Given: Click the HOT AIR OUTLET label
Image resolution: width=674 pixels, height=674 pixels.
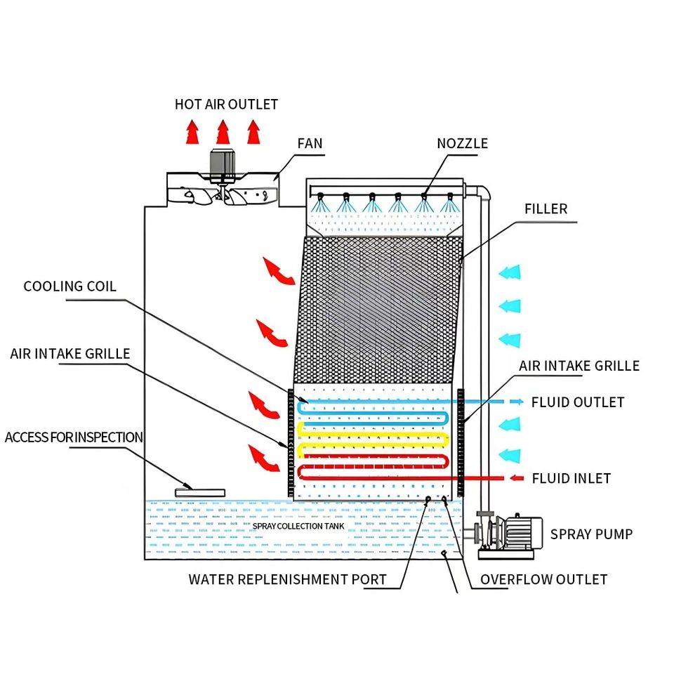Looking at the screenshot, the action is click(226, 105).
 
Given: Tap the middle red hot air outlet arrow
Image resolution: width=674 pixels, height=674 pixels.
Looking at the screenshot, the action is click(223, 131).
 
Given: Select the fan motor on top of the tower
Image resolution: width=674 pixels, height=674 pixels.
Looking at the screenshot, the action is click(223, 165).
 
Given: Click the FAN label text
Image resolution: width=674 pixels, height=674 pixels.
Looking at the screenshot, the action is click(310, 143).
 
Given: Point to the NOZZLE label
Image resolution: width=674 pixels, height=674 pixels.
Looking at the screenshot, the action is click(462, 143).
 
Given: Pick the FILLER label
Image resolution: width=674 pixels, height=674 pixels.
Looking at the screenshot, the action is click(546, 209).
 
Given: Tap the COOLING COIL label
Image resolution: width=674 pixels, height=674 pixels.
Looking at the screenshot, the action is click(70, 286).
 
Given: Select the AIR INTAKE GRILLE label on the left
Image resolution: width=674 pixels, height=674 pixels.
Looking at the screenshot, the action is click(70, 354).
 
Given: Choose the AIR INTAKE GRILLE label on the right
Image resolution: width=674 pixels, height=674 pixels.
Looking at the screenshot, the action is click(579, 366).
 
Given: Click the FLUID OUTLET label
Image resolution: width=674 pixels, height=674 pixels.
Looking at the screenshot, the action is click(578, 402).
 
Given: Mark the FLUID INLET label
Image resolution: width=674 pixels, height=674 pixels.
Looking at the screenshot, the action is click(571, 478).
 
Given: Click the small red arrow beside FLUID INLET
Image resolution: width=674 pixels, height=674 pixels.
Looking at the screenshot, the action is click(516, 478).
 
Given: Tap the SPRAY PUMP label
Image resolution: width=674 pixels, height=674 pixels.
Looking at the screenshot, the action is click(591, 534).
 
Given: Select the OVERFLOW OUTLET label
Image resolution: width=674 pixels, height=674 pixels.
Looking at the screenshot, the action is click(543, 579).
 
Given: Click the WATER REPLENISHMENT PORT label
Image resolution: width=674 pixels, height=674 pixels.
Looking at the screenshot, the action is click(287, 579).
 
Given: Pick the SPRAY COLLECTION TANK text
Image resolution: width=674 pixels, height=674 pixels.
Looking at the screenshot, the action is click(298, 526).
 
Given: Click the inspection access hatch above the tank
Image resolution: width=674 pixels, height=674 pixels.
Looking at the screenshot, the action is click(200, 493).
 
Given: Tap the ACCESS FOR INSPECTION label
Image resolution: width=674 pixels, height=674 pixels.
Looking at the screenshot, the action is click(74, 437).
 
